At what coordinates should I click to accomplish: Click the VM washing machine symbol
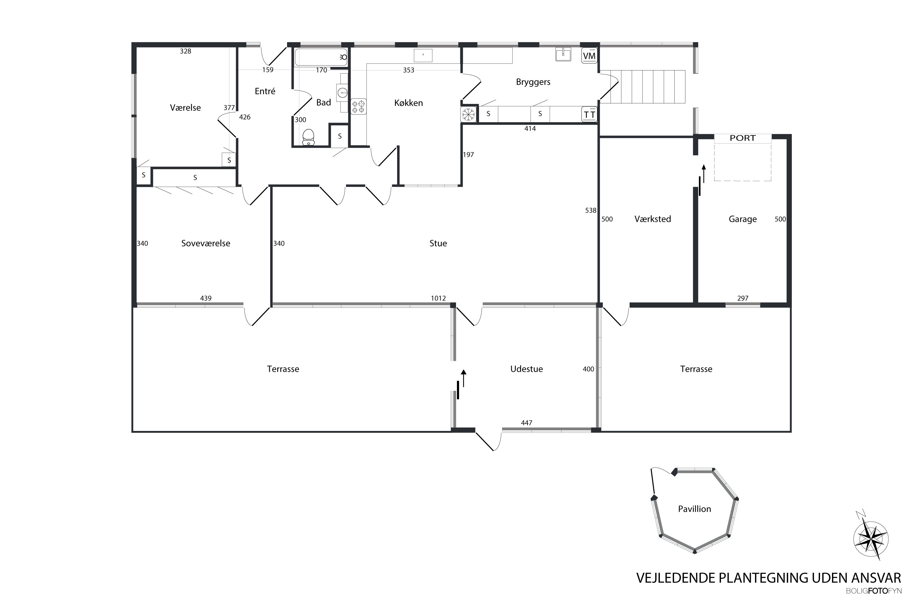[589, 55]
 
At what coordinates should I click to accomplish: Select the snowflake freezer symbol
[468, 115]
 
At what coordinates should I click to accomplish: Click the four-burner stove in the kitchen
[358, 106]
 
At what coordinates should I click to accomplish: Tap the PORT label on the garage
[742, 138]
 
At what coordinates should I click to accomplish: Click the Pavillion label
[694, 508]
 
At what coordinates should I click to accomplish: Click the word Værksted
[653, 219]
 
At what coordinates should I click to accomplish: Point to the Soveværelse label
[206, 243]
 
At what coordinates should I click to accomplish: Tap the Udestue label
[527, 369]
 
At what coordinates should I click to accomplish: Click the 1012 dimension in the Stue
[438, 298]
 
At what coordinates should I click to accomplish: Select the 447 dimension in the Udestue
[527, 423]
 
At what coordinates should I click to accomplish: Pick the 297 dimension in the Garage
[743, 298]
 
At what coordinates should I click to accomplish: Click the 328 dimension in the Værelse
[186, 51]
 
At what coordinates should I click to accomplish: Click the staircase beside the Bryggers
[643, 86]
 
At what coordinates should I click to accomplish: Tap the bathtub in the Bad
[321, 57]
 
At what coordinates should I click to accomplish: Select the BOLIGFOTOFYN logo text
[873, 591]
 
